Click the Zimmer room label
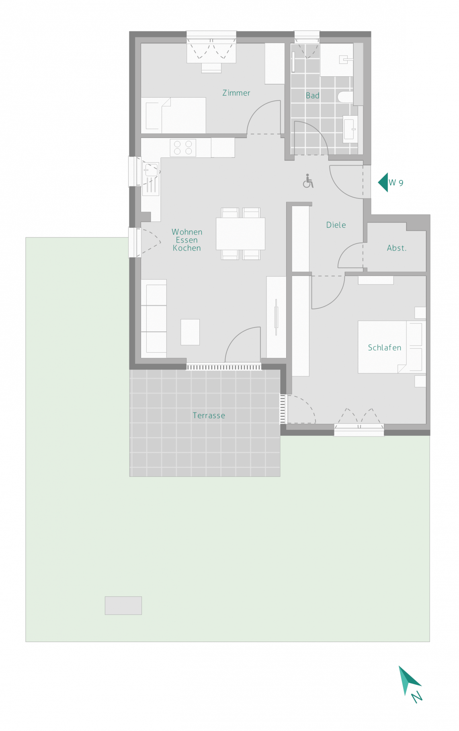click(236, 93)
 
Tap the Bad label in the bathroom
click(313, 96)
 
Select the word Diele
click(336, 225)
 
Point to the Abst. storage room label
click(397, 248)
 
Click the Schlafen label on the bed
click(385, 348)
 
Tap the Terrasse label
click(209, 416)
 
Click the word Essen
click(187, 240)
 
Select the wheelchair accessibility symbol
click(308, 181)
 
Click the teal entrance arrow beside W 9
click(383, 182)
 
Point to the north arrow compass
click(408, 680)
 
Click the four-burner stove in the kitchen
click(183, 148)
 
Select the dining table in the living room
click(240, 234)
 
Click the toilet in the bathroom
click(345, 97)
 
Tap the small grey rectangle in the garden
click(123, 605)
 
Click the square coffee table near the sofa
click(190, 332)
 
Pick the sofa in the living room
click(154, 319)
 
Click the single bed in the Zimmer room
click(174, 115)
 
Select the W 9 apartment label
click(396, 183)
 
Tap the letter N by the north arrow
click(417, 697)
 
